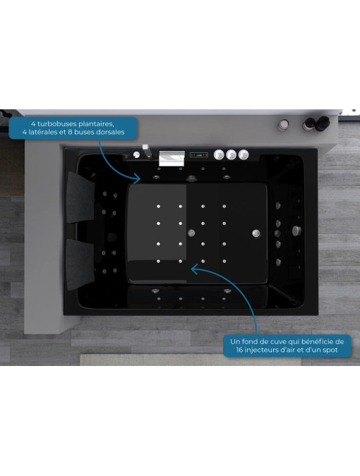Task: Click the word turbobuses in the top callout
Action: coord(56,124)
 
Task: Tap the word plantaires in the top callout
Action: coord(96,124)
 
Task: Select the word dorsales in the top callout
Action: coord(110,132)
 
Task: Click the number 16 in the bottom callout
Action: coord(240,350)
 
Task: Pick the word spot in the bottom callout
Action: coord(330,350)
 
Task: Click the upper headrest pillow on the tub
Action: coord(80,197)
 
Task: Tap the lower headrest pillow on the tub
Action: coord(80,264)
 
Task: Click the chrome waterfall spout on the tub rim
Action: coord(172,158)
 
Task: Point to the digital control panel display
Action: coord(198,155)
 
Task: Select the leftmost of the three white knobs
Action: coord(219,155)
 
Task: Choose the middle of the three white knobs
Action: coord(231,155)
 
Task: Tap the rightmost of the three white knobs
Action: coord(244,155)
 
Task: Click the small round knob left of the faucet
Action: coord(137,155)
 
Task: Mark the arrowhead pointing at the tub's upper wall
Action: coord(137,179)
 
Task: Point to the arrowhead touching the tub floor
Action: coord(194,269)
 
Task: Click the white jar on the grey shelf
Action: coord(283,125)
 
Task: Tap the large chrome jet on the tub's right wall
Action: coord(296,231)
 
